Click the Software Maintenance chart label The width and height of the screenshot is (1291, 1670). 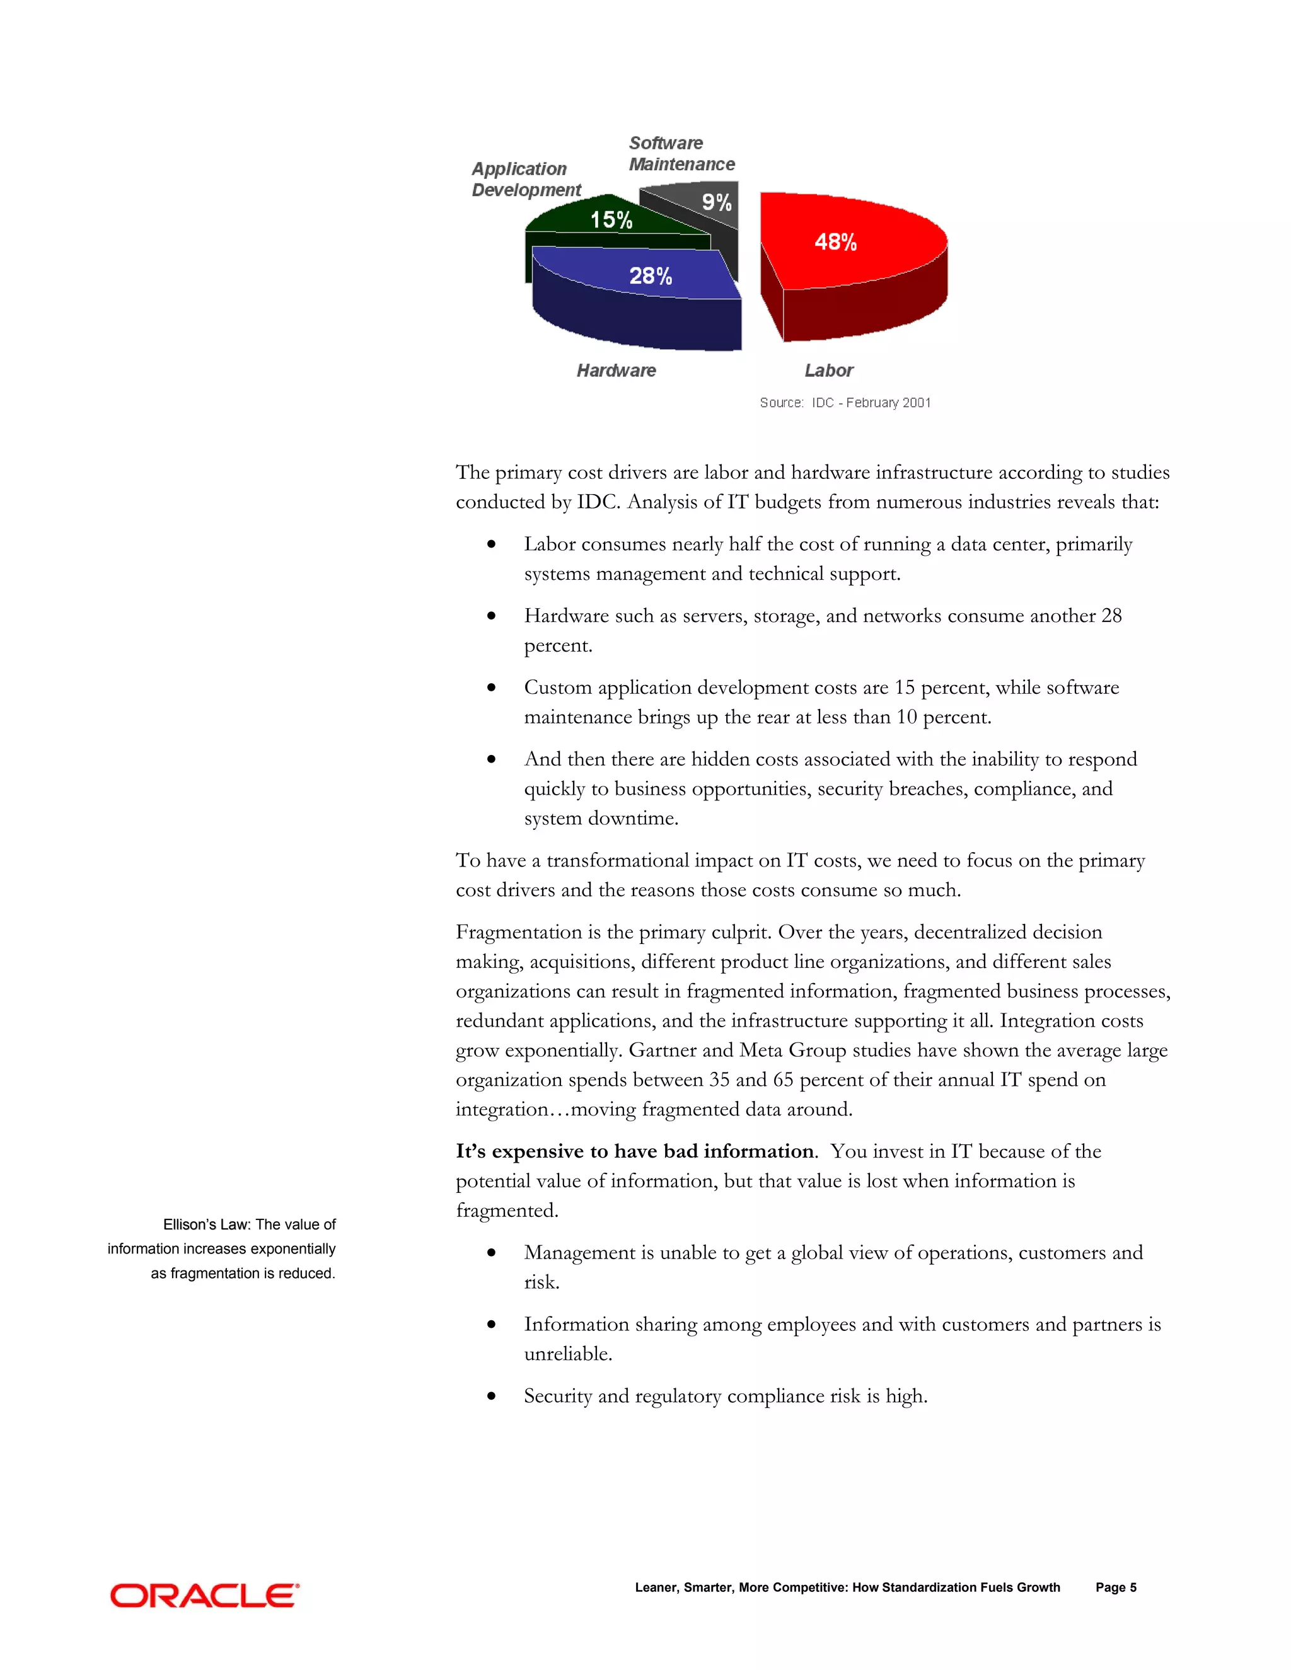point(680,154)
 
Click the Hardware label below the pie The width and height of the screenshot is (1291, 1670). point(616,371)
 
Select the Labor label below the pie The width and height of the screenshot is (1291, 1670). point(828,371)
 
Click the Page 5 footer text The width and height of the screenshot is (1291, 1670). point(1115,1587)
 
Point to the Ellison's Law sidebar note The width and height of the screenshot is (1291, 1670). point(222,1248)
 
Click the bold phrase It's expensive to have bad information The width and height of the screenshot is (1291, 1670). point(635,1151)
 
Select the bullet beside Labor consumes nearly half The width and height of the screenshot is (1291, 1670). point(492,545)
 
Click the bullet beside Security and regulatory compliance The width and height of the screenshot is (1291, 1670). point(492,1397)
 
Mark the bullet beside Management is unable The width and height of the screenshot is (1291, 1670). point(492,1253)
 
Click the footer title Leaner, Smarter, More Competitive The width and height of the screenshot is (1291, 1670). point(847,1587)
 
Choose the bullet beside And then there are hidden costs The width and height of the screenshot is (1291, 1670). point(492,760)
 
